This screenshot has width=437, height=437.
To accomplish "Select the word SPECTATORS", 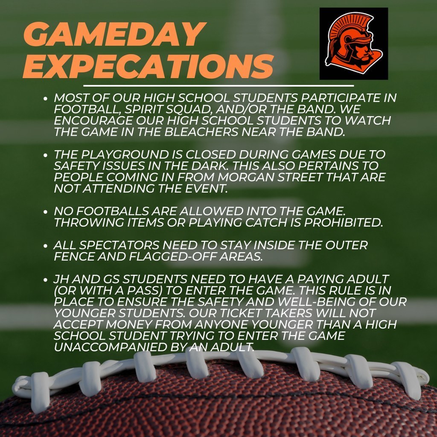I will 120,246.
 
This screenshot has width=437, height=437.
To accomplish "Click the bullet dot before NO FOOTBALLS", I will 46,211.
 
